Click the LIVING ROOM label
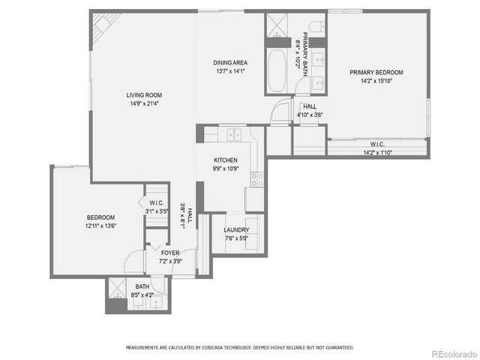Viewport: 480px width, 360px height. coord(144,95)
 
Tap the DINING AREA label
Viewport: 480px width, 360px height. coord(230,63)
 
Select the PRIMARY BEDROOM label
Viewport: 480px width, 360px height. coord(376,73)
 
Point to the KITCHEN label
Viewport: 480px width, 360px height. coord(226,160)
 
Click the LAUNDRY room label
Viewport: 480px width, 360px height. coord(236,230)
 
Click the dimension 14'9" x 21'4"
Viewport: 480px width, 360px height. coord(144,104)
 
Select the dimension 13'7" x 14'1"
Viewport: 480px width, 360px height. coord(230,72)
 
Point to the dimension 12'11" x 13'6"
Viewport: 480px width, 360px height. coord(100,226)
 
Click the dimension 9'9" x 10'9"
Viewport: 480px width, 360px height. coord(226,169)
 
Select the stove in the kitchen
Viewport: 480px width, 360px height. coord(256,179)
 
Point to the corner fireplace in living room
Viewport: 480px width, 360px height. coord(98,30)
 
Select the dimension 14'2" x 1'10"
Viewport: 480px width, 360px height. coord(377,153)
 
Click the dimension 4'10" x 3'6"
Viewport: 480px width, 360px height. coord(310,115)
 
